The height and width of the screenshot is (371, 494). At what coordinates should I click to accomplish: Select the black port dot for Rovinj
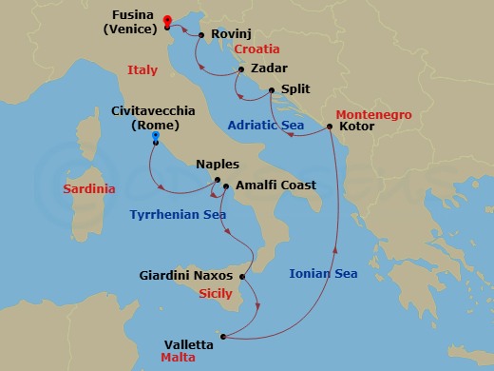(x=202, y=35)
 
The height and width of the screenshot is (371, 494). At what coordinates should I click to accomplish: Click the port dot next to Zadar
(x=242, y=69)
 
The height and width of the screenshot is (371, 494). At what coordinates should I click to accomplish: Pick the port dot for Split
(x=272, y=90)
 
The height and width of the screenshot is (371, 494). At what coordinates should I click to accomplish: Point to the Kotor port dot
(x=330, y=125)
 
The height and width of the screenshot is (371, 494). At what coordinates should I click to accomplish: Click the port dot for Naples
(x=218, y=181)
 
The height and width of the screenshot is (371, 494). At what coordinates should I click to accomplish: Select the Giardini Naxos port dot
(x=243, y=277)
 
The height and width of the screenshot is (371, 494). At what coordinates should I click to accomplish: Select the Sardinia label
(x=88, y=188)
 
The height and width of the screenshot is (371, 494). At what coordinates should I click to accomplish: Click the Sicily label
(x=216, y=294)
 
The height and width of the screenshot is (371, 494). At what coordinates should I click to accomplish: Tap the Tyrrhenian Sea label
(x=177, y=214)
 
